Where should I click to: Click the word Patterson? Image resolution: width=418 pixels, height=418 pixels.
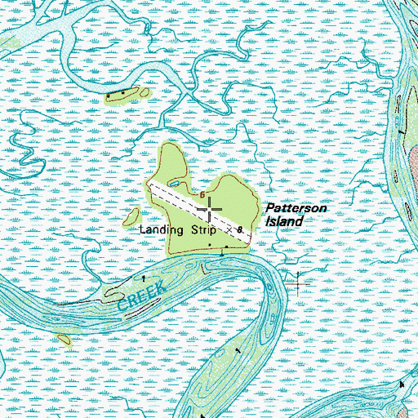point(296,210)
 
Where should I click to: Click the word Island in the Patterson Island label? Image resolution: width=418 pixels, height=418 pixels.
point(283,221)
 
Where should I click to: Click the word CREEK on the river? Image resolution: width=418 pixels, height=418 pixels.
point(141,298)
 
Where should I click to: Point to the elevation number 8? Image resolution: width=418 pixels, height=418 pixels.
point(239,231)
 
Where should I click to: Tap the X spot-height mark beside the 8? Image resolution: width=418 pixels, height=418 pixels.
point(229,232)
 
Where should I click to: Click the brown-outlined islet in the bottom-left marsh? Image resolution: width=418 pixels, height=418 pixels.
point(63,339)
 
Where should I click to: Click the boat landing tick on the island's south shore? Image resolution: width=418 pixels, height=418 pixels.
point(222,252)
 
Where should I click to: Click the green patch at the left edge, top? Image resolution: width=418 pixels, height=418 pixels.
point(10,41)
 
